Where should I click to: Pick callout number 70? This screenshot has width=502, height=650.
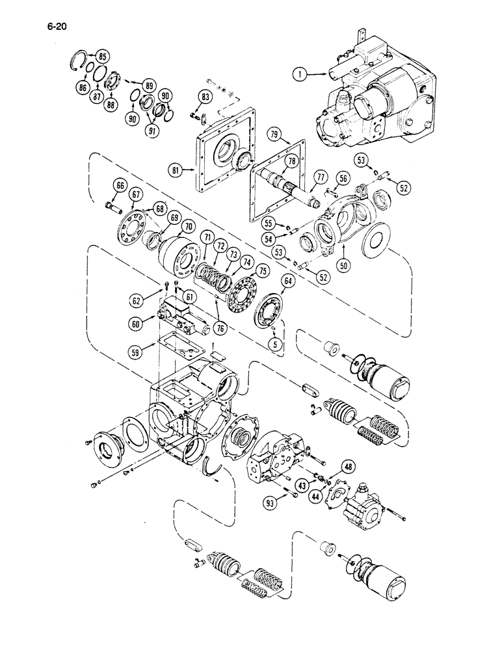click(189, 227)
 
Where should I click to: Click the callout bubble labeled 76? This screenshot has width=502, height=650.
click(221, 330)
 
